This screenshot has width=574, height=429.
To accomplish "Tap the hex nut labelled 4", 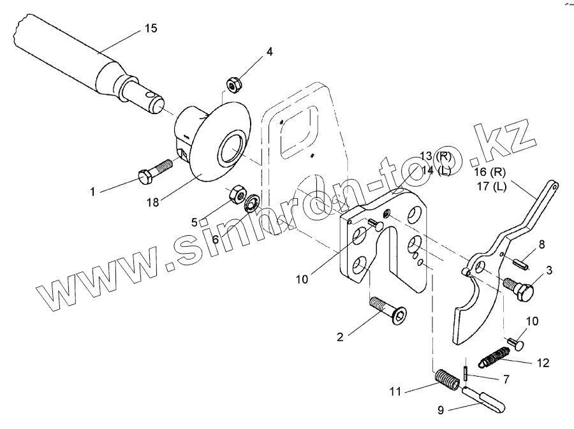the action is pyautogui.click(x=233, y=84).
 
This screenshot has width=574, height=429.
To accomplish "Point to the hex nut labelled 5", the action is pyautogui.click(x=237, y=191).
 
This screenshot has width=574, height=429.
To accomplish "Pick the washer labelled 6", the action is pyautogui.click(x=252, y=203).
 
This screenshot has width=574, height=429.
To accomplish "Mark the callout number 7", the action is pyautogui.click(x=506, y=380).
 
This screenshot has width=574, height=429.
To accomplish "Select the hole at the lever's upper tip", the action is pyautogui.click(x=555, y=186).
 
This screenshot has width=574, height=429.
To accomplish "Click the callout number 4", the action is pyautogui.click(x=270, y=52).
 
